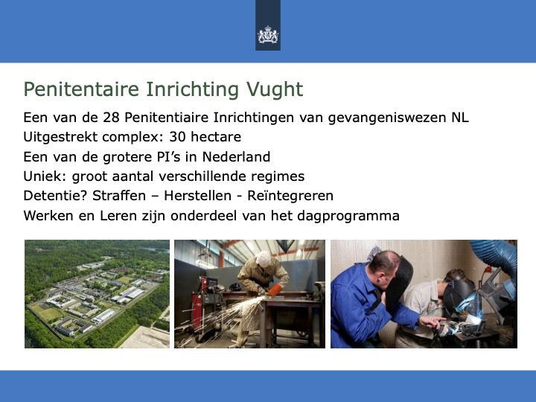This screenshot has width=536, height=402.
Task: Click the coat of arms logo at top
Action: click(x=268, y=35)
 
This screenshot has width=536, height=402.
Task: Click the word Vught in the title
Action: click(x=275, y=89)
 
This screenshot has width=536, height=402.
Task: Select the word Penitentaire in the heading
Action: click(x=81, y=89)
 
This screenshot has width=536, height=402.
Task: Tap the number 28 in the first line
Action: click(x=111, y=118)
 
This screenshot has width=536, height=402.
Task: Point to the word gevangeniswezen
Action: click(x=386, y=118)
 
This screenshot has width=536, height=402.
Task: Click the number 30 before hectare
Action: click(x=177, y=137)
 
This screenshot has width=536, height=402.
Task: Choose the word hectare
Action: click(x=216, y=137)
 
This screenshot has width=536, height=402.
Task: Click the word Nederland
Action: click(x=236, y=157)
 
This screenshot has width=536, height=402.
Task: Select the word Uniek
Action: click(x=45, y=176)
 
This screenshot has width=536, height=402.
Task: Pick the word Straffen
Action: click(x=119, y=196)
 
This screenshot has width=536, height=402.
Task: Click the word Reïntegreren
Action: click(x=290, y=197)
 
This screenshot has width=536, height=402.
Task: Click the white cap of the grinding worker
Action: click(x=264, y=259)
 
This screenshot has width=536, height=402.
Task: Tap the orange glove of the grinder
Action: click(x=275, y=290)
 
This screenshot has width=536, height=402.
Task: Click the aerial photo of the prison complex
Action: click(x=97, y=294)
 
